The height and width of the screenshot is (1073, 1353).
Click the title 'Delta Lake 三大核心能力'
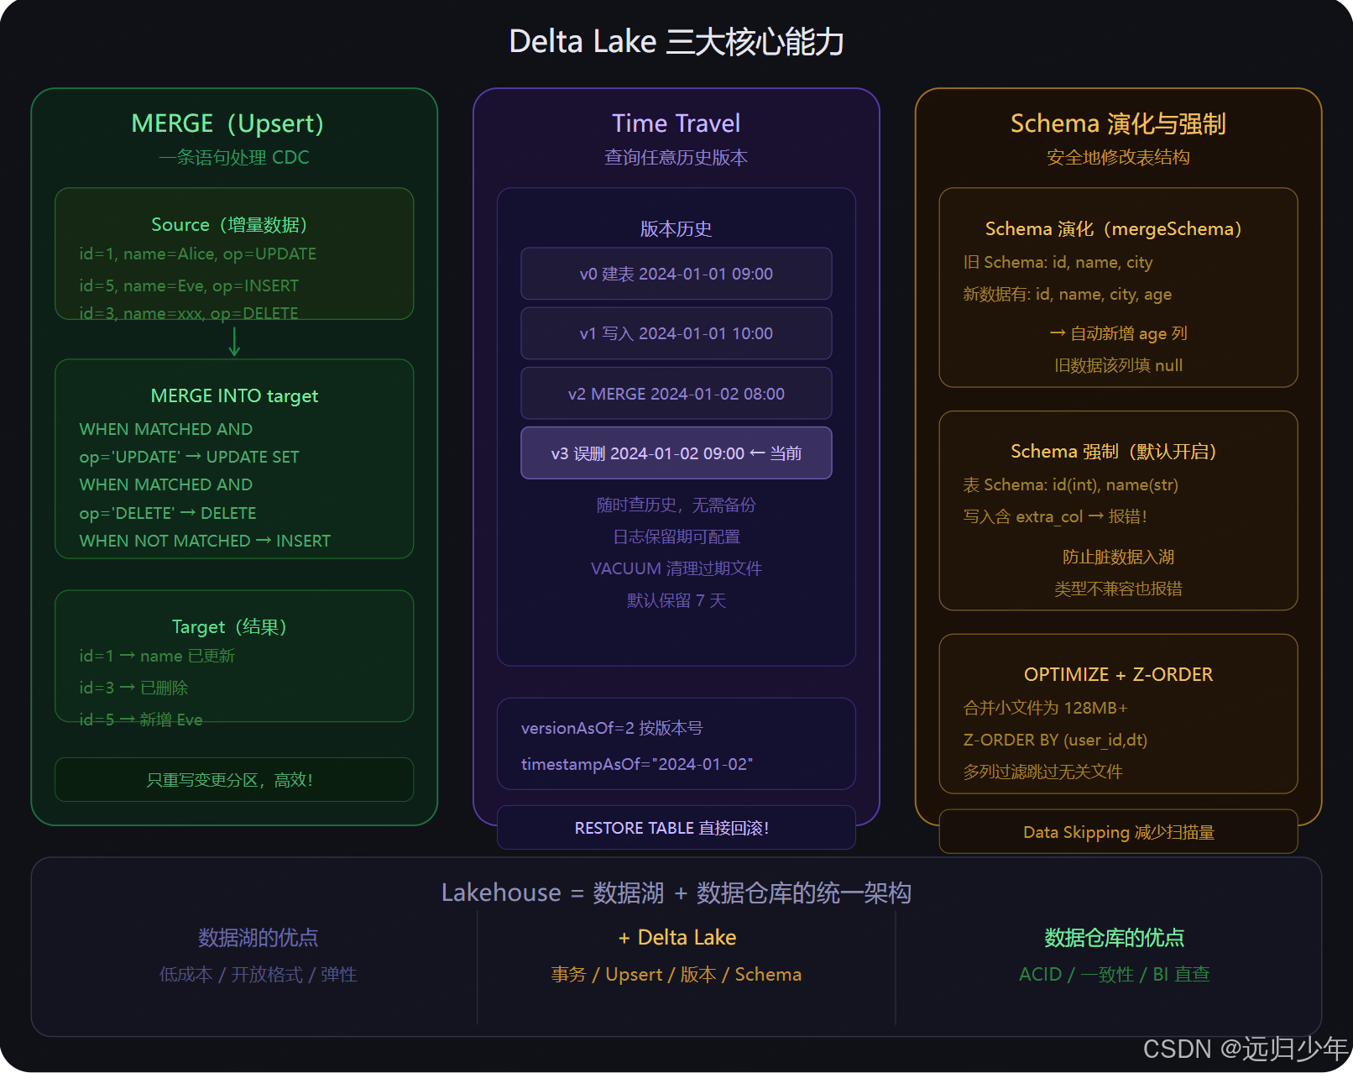coord(676,42)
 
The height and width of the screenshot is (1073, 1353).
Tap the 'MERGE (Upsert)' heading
coord(227,123)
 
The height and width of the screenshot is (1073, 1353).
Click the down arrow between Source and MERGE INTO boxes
coord(234,341)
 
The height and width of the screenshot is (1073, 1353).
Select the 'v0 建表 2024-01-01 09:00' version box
coord(676,274)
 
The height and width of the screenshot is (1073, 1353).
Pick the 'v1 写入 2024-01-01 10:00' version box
coord(676,333)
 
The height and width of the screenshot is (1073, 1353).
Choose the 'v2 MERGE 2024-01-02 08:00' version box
coord(676,394)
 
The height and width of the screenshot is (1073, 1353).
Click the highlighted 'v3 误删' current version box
coord(676,453)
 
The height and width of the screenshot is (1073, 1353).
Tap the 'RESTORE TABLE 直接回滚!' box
coord(676,828)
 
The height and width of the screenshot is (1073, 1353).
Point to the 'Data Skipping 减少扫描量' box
coord(1118,832)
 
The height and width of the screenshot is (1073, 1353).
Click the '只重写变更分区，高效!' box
coord(234,780)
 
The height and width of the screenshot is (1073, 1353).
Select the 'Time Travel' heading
coord(676,123)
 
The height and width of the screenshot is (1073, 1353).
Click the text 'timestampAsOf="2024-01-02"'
coord(637,764)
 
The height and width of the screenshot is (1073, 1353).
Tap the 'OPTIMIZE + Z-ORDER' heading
coord(1118,674)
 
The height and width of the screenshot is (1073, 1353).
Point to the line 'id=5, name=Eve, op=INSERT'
coord(189,285)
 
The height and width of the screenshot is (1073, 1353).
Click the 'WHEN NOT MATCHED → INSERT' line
coord(205,541)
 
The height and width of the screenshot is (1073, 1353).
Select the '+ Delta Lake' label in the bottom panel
coord(676,937)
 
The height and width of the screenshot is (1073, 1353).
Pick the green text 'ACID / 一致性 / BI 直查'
coord(1114,974)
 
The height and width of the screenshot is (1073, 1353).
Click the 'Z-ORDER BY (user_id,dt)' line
coord(1055,740)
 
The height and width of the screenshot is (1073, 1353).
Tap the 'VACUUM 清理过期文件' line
coord(676,568)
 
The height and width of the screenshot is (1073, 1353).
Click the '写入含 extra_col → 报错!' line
coord(1055,516)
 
